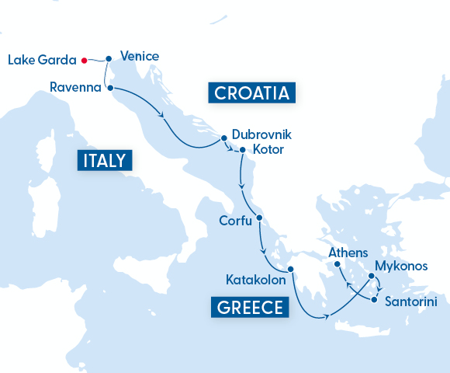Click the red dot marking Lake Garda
point(84,59)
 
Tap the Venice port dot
point(109,58)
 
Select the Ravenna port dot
point(109,88)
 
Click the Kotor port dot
point(243,150)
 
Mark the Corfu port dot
point(259,218)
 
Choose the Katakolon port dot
point(291,270)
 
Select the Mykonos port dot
point(372,276)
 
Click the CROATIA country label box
point(251,94)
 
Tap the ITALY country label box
point(105,161)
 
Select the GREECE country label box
point(250,307)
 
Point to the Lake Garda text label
point(41,60)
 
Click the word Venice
point(140,56)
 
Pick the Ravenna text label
point(75,87)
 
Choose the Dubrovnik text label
point(260,134)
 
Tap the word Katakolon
point(254,277)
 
